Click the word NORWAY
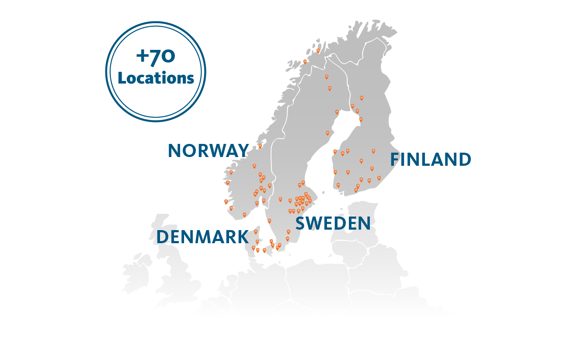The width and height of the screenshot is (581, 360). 208,151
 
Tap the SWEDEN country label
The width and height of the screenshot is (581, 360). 333,224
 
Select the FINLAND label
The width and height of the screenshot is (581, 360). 431,160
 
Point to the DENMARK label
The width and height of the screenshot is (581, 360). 202,237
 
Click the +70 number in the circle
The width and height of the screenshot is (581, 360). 156,57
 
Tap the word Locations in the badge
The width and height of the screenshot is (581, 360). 156,78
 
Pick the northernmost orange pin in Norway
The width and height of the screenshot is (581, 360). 318,50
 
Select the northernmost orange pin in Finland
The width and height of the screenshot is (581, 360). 362,98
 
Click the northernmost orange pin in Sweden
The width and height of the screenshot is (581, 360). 326,77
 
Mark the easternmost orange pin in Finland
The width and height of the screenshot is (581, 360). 379,178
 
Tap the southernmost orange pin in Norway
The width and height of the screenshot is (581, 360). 244,214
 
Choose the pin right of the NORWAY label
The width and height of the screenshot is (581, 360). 260,146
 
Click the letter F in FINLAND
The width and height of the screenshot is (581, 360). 395,160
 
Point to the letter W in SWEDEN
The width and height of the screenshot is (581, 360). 315,224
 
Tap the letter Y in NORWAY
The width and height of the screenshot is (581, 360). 242,151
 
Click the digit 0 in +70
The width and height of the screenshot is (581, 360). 169,57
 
